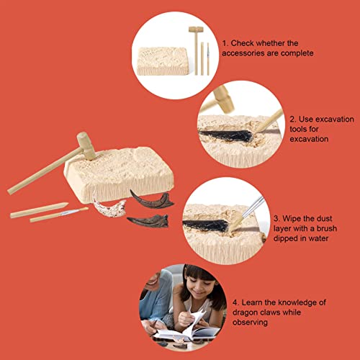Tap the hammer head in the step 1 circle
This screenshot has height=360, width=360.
[x=196, y=30]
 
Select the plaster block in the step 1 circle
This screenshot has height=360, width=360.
[x=163, y=60]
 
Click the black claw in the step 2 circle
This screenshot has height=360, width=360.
[x=225, y=136]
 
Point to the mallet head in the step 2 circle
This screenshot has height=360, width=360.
[x=224, y=99]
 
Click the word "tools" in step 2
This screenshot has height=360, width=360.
[x=304, y=129]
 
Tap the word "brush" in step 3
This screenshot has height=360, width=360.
[x=327, y=228]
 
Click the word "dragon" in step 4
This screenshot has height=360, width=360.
[x=245, y=312]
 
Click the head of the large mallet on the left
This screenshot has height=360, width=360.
[x=86, y=146]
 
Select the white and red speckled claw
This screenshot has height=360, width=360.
[x=109, y=207]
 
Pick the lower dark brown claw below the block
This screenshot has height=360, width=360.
[x=149, y=220]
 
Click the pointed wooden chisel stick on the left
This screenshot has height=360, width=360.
[x=39, y=210]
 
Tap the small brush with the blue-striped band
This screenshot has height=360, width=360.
[x=59, y=215]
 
